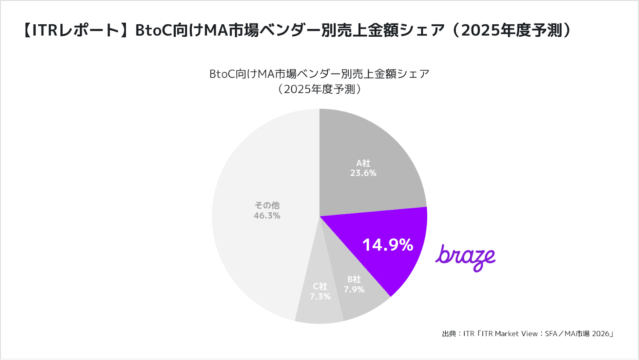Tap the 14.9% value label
click(387, 245)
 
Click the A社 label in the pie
click(363, 163)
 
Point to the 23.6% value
click(363, 173)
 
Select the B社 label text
click(354, 279)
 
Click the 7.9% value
click(354, 290)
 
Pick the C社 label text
click(320, 287)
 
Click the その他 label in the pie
click(267, 205)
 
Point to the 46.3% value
click(267, 216)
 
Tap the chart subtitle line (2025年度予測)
click(319, 89)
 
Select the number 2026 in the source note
click(600, 334)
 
